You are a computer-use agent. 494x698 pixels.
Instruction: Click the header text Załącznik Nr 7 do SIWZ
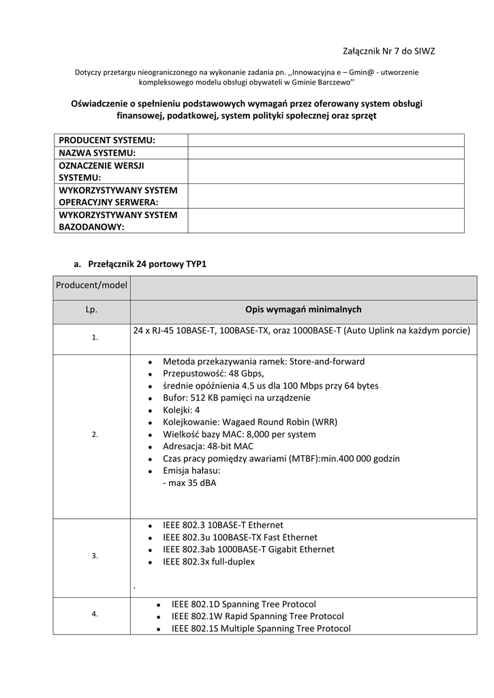[388, 51]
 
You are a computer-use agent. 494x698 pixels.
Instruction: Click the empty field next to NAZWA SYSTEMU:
[326, 153]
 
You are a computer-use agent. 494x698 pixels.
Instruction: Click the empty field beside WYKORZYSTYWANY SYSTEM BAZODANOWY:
[326, 221]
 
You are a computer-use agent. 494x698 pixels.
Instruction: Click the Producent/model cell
[91, 285]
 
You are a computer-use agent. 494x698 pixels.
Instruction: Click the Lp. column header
[91, 309]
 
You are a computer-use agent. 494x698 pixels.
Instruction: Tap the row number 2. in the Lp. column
[95, 434]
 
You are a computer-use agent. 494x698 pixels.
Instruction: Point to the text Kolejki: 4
[181, 410]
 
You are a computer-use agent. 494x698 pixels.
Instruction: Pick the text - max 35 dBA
[189, 483]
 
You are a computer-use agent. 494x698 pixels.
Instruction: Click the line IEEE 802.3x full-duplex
[209, 562]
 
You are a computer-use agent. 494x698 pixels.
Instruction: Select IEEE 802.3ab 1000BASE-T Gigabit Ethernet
[248, 549]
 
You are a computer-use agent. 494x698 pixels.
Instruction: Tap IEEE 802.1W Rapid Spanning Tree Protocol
[257, 616]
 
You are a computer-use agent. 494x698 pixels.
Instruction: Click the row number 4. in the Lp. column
[95, 614]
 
